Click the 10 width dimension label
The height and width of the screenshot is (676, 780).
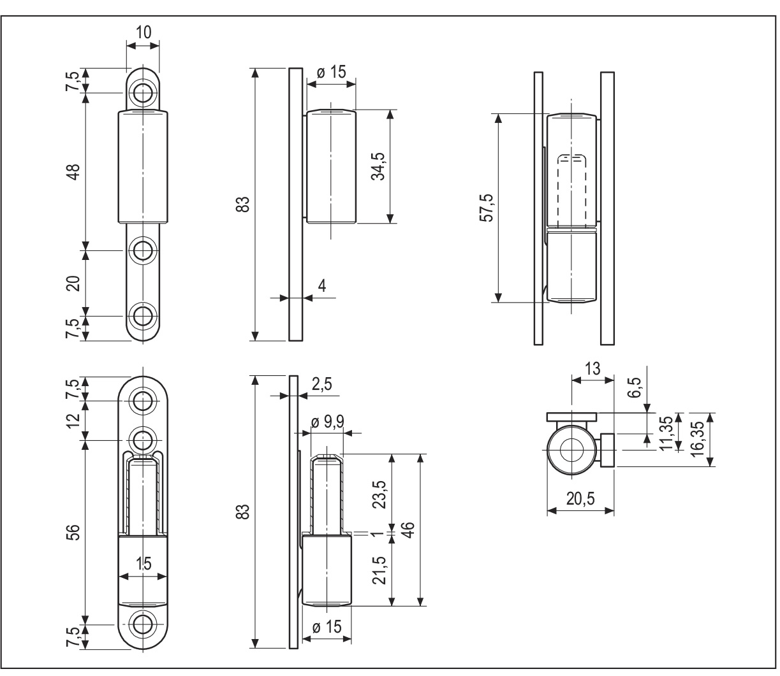(x=143, y=32)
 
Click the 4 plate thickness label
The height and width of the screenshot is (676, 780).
(x=322, y=286)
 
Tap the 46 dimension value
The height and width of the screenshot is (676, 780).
(x=409, y=530)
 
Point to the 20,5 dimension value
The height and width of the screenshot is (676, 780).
(x=580, y=499)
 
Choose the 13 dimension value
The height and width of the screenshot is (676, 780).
(x=592, y=368)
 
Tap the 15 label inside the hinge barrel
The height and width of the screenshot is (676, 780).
(x=143, y=563)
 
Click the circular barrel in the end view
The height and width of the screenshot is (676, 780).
(x=572, y=450)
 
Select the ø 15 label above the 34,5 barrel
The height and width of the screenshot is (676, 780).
(x=331, y=72)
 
